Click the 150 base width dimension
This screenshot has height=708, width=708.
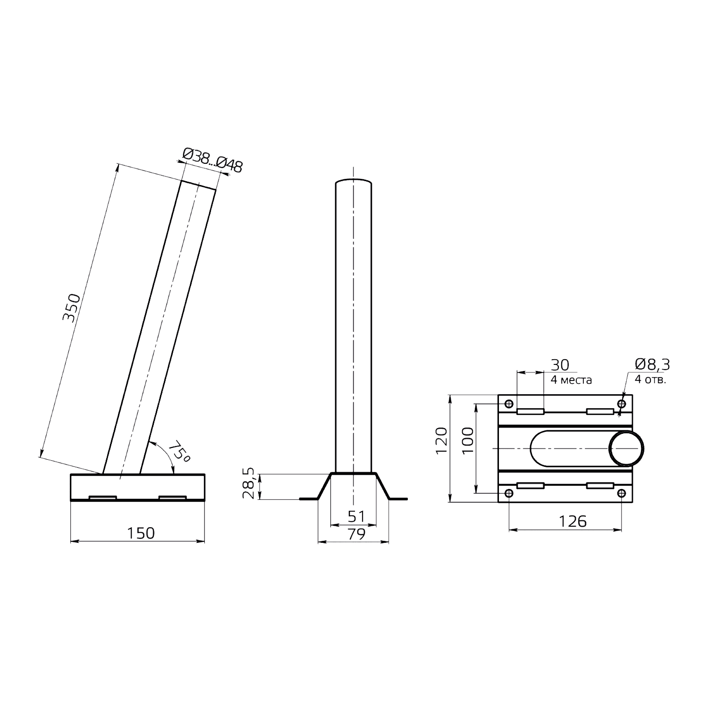[x=141, y=533]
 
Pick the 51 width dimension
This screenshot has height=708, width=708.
[x=356, y=517]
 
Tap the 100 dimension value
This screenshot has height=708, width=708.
[x=467, y=440]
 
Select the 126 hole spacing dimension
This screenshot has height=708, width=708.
[x=573, y=521]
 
